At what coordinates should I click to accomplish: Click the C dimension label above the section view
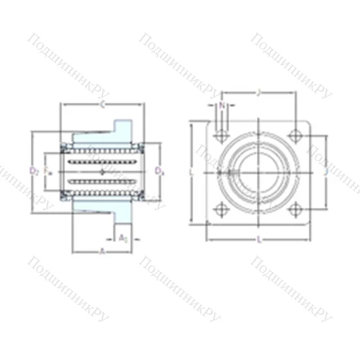[102, 106]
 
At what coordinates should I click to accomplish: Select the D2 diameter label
[34, 171]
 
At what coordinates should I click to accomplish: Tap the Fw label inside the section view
[48, 171]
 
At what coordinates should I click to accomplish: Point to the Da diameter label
[159, 171]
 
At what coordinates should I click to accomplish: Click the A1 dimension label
[122, 237]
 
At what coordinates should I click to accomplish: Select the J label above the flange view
[258, 92]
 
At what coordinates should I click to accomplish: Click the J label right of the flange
[326, 172]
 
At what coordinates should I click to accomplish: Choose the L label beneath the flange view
[258, 238]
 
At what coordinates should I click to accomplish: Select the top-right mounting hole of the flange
[294, 135]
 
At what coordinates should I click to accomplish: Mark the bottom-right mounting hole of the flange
[294, 210]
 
